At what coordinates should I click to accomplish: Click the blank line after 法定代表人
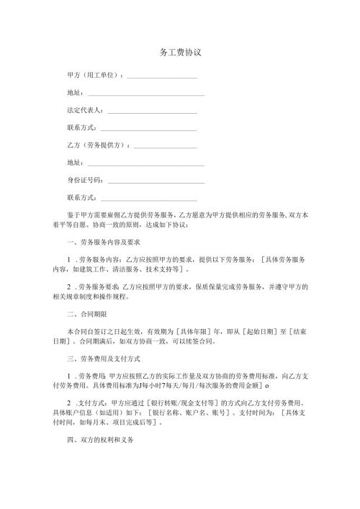point(152,112)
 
